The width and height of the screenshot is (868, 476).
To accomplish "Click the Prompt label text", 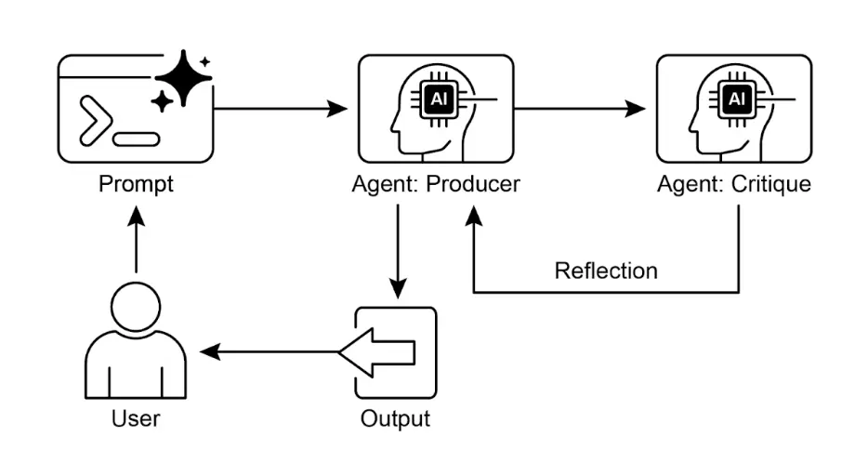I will tap(136, 184).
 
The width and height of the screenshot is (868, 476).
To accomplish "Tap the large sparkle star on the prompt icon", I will tap(184, 78).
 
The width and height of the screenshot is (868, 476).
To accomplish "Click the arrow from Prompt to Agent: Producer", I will tap(279, 110).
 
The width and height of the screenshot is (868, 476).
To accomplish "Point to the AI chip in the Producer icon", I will tap(437, 98).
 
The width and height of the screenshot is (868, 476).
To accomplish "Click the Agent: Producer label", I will tap(435, 184).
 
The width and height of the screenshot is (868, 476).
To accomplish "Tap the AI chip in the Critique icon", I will tap(735, 98).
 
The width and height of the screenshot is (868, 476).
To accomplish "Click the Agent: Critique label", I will tap(733, 184).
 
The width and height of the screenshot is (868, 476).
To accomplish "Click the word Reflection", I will tap(606, 271).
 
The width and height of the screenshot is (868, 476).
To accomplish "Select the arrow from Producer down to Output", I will tap(398, 251).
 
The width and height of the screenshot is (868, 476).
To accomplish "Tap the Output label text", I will tap(395, 418).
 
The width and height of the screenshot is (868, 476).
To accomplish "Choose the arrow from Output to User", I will tap(270, 352).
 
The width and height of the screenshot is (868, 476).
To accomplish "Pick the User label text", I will tap(136, 418).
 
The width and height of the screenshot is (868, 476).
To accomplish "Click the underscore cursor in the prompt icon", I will tap(136, 139).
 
